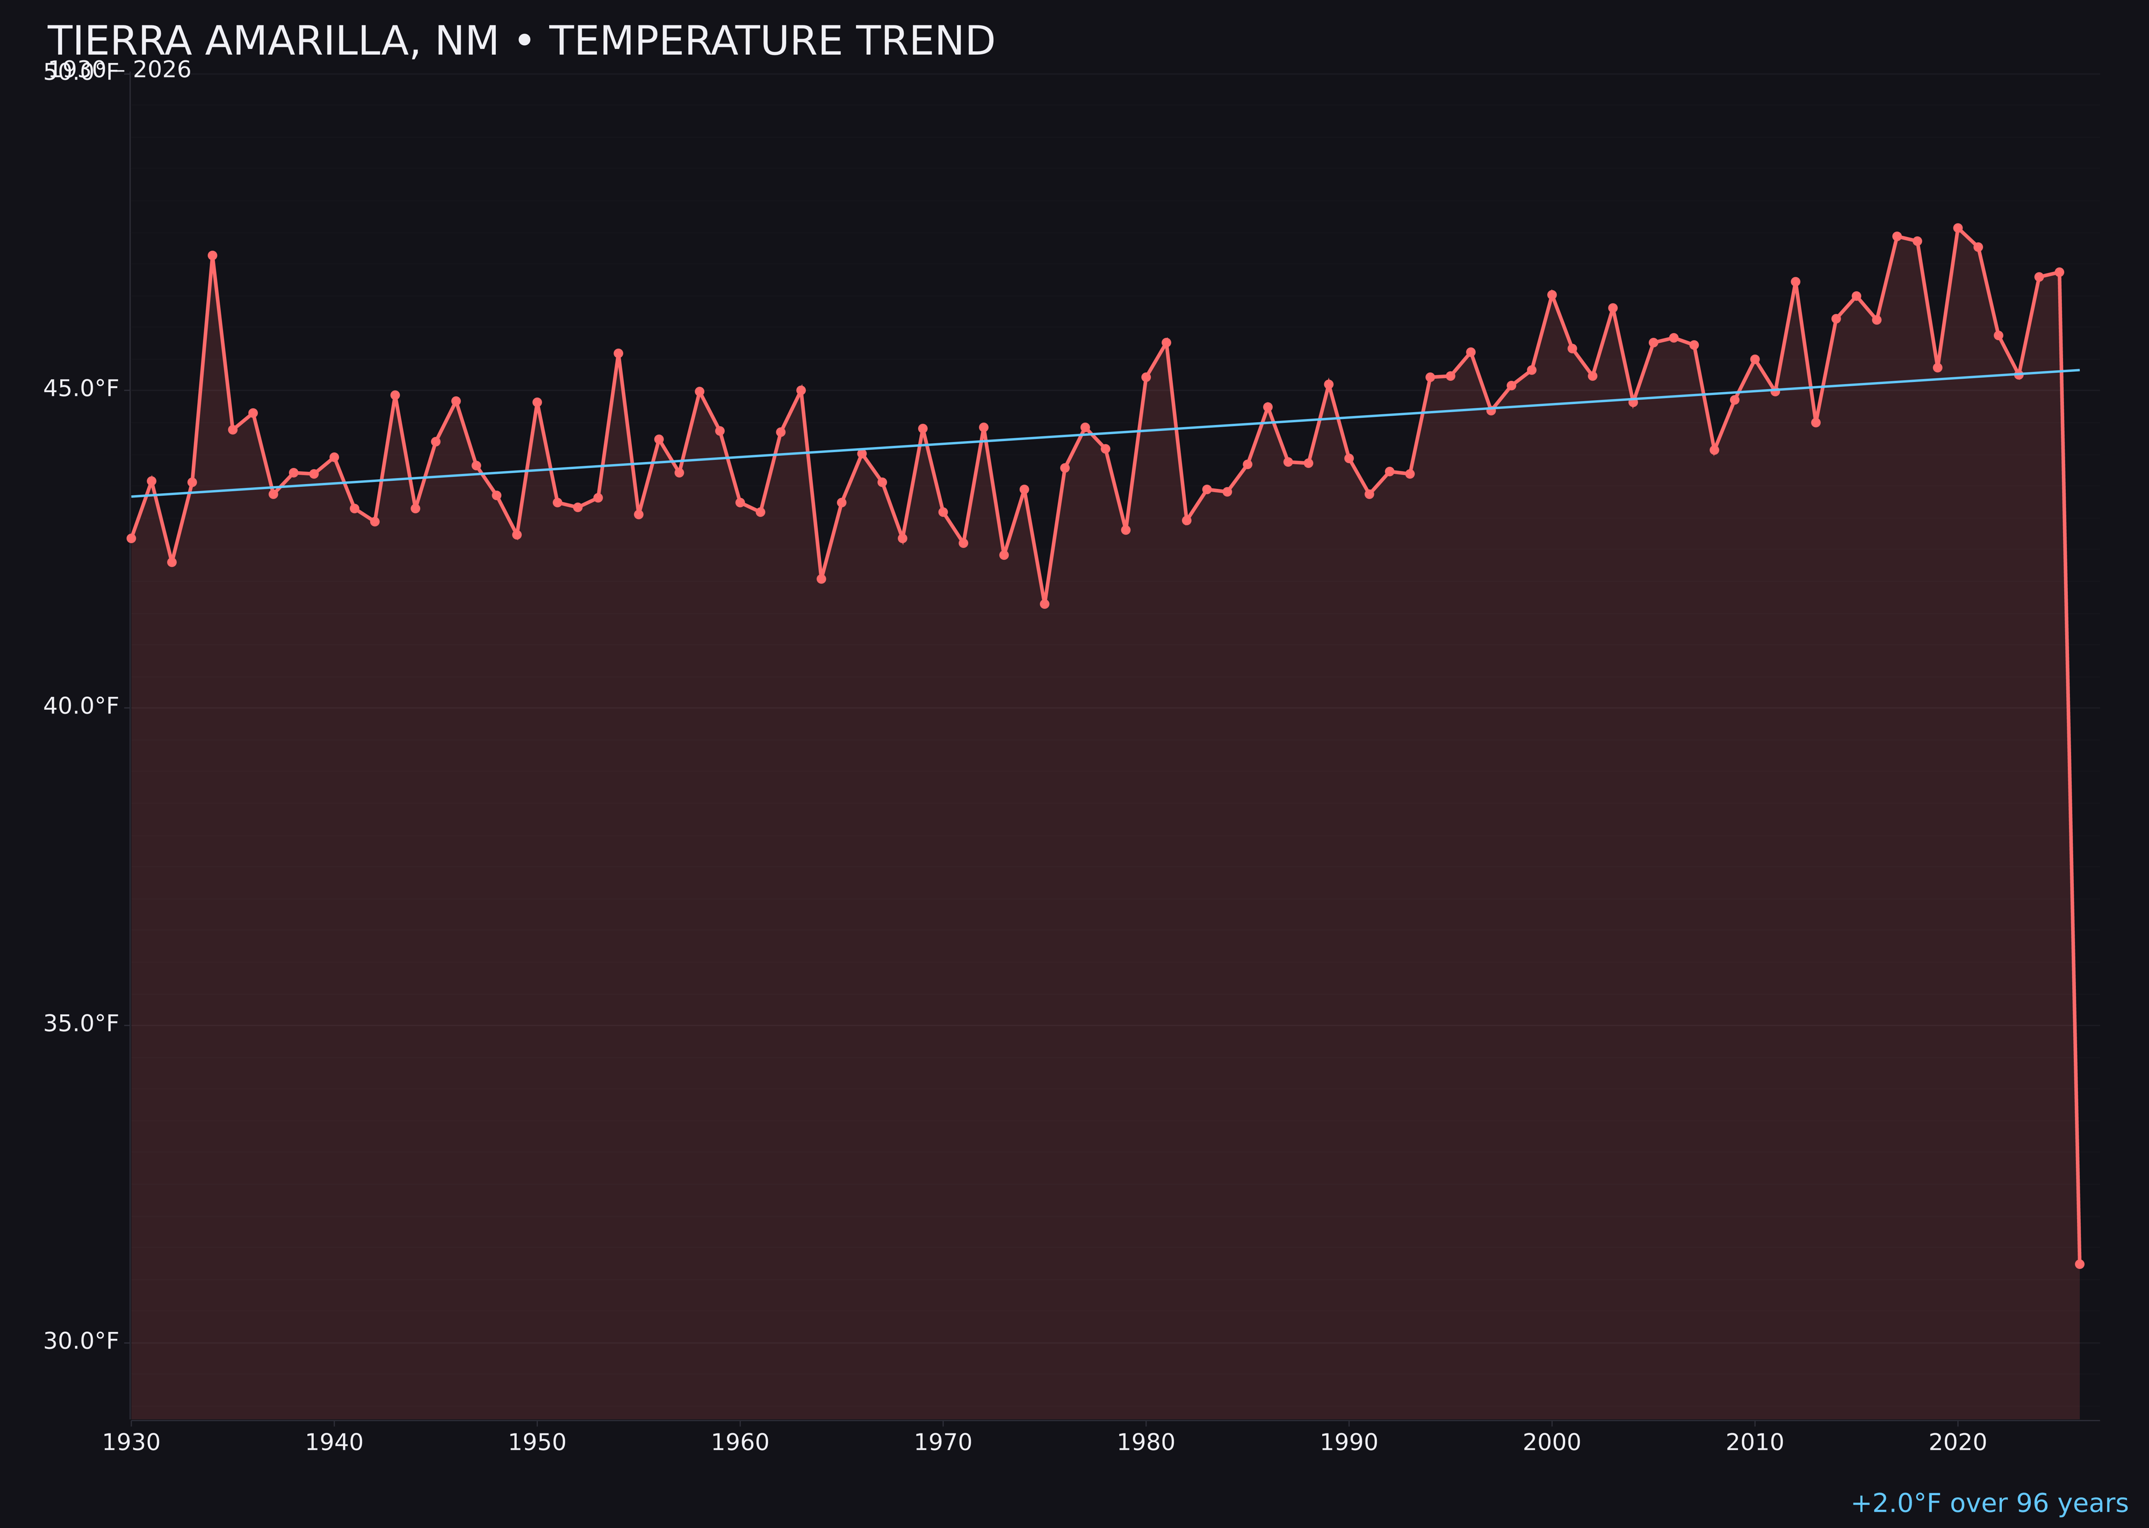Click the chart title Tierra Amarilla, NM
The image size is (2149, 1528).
click(x=520, y=41)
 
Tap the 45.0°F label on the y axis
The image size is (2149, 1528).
click(x=81, y=388)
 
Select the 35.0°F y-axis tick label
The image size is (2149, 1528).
click(x=81, y=1023)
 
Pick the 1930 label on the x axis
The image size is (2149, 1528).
click(x=132, y=1443)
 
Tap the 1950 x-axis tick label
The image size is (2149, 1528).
click(x=537, y=1443)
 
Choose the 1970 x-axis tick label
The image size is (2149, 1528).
click(x=943, y=1443)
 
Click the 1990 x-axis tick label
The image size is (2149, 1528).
click(x=1348, y=1443)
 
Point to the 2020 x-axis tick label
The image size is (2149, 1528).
click(x=1957, y=1443)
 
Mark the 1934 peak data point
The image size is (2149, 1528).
click(x=213, y=255)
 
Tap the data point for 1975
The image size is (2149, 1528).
click(x=1044, y=604)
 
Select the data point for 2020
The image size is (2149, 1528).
click(x=1957, y=228)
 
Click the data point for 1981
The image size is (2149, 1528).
click(x=1166, y=342)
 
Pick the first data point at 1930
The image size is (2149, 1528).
click(x=132, y=538)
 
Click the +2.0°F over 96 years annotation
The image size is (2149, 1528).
click(x=1989, y=1503)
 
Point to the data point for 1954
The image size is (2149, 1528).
click(x=618, y=354)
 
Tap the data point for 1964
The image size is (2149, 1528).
click(x=821, y=579)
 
